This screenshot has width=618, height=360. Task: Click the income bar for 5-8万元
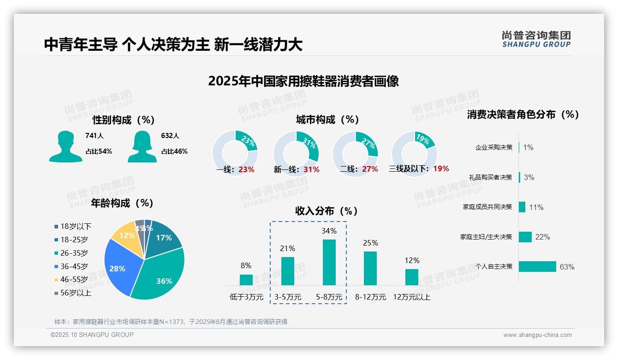tap(329, 262)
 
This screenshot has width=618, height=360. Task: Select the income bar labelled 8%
tap(246, 280)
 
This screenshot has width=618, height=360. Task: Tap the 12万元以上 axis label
tap(412, 297)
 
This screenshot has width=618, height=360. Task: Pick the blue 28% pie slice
tap(118, 268)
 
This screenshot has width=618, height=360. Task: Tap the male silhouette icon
tap(65, 146)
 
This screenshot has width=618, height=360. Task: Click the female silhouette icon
tap(143, 146)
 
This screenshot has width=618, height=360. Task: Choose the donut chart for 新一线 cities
tap(296, 153)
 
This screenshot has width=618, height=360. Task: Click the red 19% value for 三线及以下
tap(441, 169)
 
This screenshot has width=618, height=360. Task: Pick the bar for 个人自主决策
tap(538, 267)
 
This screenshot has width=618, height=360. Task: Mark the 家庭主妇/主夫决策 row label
tap(486, 237)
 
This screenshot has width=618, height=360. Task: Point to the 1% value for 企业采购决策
tap(529, 148)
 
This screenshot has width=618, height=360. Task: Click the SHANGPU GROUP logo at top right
tap(536, 39)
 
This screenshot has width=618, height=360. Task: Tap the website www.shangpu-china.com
tap(537, 335)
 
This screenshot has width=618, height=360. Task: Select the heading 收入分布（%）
tap(327, 211)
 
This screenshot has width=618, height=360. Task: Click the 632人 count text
tap(170, 136)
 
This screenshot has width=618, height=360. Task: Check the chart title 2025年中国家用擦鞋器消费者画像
tap(303, 81)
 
